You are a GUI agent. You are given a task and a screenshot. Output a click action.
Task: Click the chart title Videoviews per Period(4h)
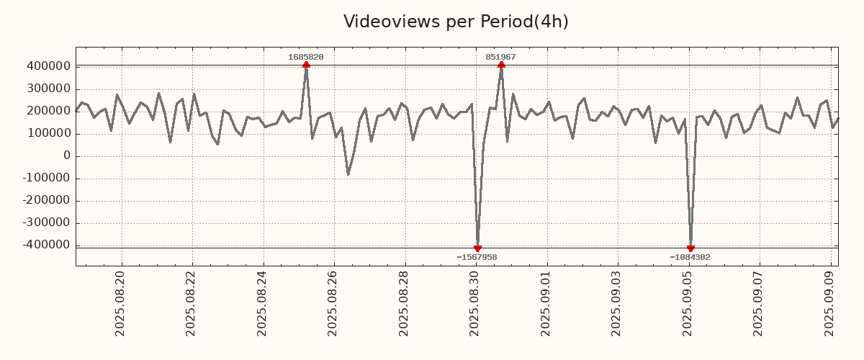[x=456, y=22]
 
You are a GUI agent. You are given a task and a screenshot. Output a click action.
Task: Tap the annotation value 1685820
[x=306, y=57]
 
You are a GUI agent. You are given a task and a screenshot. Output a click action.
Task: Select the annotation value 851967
[x=500, y=57]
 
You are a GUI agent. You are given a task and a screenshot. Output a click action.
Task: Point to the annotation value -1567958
[x=477, y=257]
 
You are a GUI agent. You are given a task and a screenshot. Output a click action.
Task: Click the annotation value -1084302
[x=690, y=257]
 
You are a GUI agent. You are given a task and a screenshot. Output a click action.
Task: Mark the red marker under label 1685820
[x=306, y=65]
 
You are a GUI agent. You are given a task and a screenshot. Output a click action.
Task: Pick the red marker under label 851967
[x=501, y=65]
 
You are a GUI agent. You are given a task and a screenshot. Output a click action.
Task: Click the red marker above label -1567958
[x=477, y=248]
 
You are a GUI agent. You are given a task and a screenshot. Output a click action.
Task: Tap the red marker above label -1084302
[x=690, y=248]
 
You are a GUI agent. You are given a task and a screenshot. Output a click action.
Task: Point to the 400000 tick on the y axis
[x=48, y=66]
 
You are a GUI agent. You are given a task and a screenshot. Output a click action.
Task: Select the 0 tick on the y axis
[x=66, y=156]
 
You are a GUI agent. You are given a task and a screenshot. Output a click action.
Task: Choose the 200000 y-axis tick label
[x=48, y=111]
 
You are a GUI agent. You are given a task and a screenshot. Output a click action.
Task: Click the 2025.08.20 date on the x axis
[x=120, y=302]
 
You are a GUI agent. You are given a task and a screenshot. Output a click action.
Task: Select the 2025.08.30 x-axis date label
[x=475, y=302]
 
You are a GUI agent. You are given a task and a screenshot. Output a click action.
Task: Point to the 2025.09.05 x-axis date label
[x=688, y=302]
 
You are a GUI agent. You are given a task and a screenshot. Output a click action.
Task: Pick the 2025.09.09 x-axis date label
[x=830, y=302]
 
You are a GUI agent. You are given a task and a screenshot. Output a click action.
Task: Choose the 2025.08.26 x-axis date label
[x=333, y=302]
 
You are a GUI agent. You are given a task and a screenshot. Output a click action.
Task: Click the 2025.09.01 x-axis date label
[x=546, y=302]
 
